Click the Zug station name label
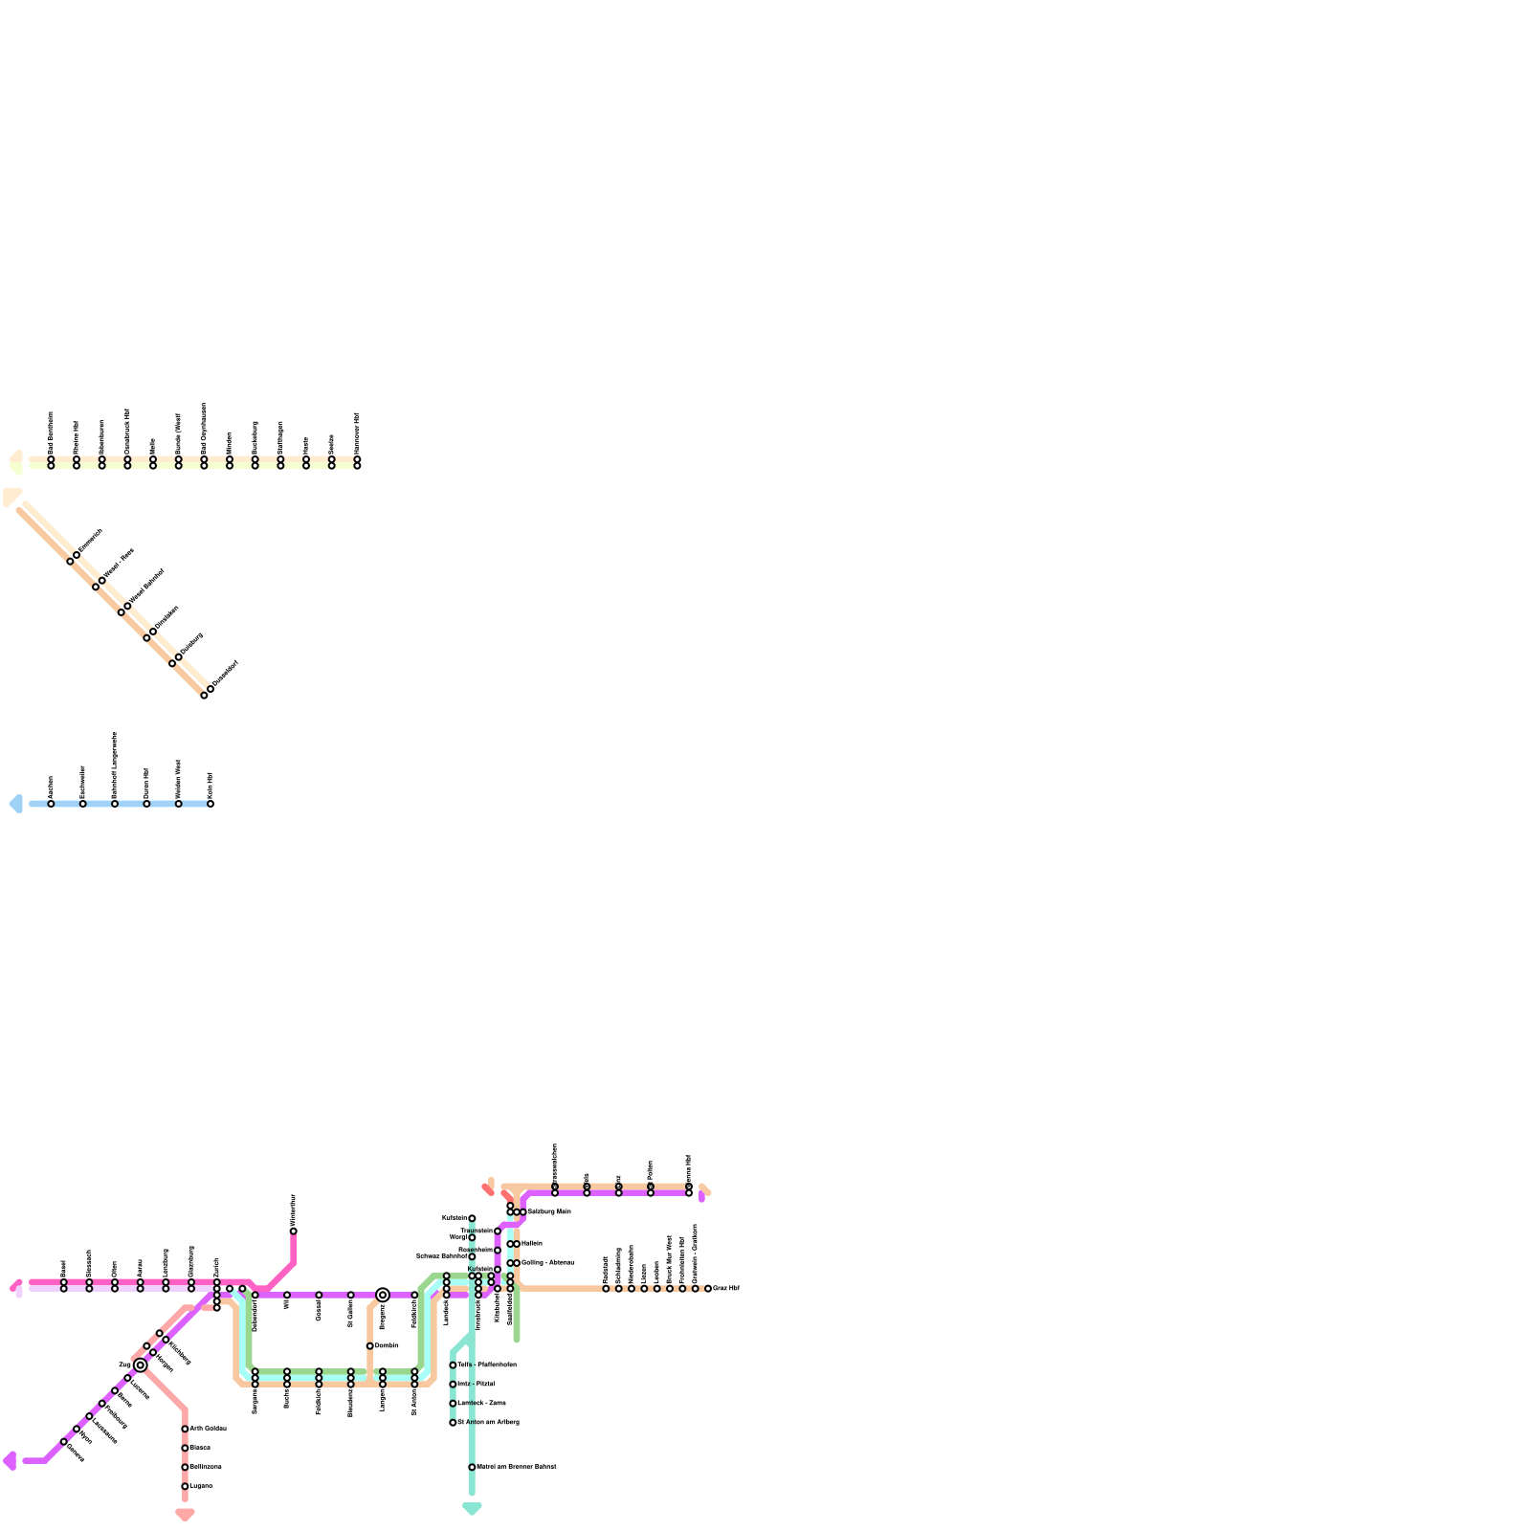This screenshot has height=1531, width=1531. pyautogui.click(x=124, y=1365)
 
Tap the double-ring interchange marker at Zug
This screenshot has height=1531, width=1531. pyautogui.click(x=141, y=1365)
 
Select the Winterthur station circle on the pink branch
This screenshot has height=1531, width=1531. pyautogui.click(x=293, y=1231)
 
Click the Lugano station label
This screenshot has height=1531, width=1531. pyautogui.click(x=201, y=1486)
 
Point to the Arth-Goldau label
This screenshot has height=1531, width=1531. pyautogui.click(x=208, y=1429)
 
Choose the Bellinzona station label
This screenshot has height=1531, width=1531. pyautogui.click(x=205, y=1467)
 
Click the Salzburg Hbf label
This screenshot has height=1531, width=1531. pyautogui.click(x=549, y=1211)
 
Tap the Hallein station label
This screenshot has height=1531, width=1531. pyautogui.click(x=532, y=1243)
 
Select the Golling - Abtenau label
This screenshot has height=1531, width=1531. pyautogui.click(x=547, y=1262)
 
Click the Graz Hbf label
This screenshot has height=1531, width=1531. pyautogui.click(x=726, y=1288)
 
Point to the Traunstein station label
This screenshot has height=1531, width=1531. pyautogui.click(x=477, y=1231)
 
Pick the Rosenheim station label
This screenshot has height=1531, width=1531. pyautogui.click(x=476, y=1250)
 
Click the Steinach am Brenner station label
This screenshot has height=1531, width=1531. pyautogui.click(x=516, y=1467)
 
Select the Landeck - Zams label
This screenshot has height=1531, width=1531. pyautogui.click(x=481, y=1403)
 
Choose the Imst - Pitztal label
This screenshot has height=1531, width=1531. pyautogui.click(x=476, y=1384)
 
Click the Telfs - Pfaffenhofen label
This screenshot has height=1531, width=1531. pyautogui.click(x=487, y=1365)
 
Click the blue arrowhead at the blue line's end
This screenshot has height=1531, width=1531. pyautogui.click(x=15, y=804)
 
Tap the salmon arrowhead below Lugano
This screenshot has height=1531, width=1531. pyautogui.click(x=185, y=1514)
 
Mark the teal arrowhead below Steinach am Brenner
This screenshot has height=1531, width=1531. pyautogui.click(x=472, y=1509)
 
